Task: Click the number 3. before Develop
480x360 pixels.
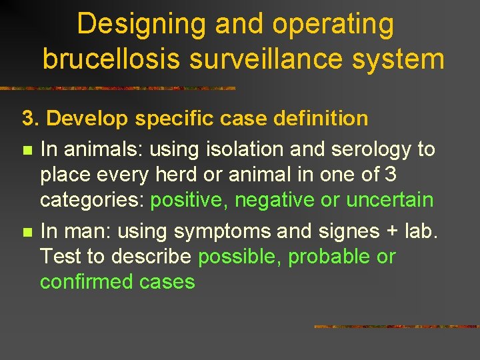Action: [31, 119]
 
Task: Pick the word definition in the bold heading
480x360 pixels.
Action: [319, 119]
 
